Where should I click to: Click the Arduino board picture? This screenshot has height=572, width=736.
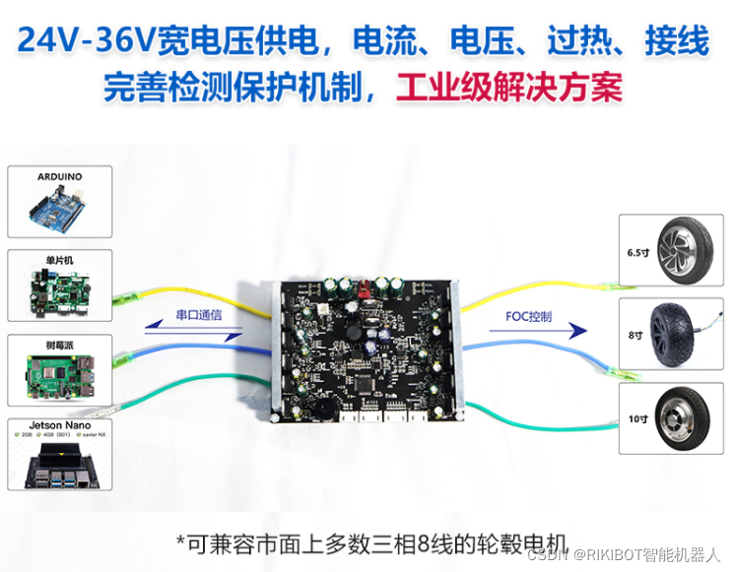(60, 208)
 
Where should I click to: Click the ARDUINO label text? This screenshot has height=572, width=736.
(59, 177)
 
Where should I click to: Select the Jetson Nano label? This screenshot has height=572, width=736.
(59, 426)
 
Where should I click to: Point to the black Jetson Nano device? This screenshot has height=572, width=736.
(59, 465)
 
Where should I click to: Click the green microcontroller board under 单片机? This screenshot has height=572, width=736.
(59, 290)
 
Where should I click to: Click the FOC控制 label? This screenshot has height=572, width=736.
(529, 316)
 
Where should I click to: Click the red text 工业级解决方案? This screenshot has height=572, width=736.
(508, 87)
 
